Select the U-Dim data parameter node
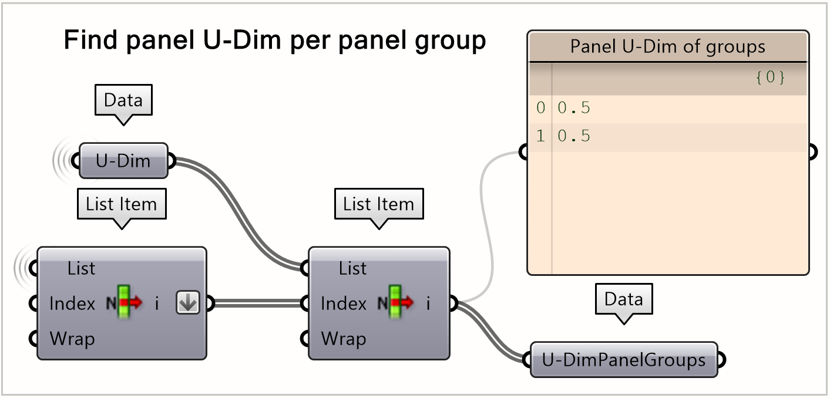pyautogui.click(x=123, y=160)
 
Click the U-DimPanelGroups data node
pyautogui.click(x=623, y=359)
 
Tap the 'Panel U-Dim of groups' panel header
pyautogui.click(x=668, y=46)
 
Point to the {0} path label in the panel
pyautogui.click(x=770, y=77)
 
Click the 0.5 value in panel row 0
pyautogui.click(x=574, y=108)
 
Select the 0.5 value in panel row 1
pyautogui.click(x=574, y=137)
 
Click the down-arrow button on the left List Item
pyautogui.click(x=188, y=303)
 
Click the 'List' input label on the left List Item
pyautogui.click(x=81, y=269)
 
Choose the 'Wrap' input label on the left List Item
pyautogui.click(x=72, y=339)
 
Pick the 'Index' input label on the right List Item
pyautogui.click(x=344, y=303)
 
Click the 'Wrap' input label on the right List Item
pyautogui.click(x=343, y=339)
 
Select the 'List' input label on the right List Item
pyautogui.click(x=352, y=269)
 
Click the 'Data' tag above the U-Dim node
pyautogui.click(x=123, y=100)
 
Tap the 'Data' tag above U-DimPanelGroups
pyautogui.click(x=623, y=300)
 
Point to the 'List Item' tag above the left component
pyautogui.click(x=122, y=204)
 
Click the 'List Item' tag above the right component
pyautogui.click(x=378, y=204)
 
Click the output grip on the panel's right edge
pyautogui.click(x=812, y=153)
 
